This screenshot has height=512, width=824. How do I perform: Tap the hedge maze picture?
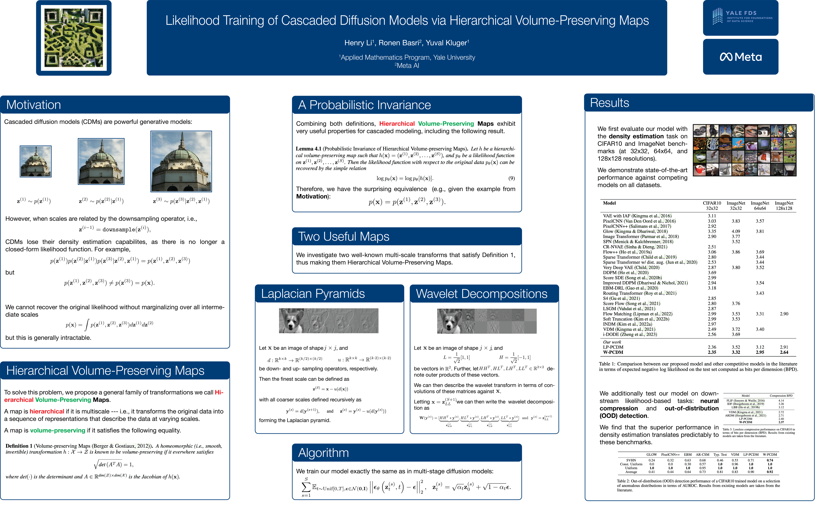74,38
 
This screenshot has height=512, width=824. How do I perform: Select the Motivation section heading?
34,105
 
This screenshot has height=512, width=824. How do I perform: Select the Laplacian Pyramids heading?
313,294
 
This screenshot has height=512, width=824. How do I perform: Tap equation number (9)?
511,178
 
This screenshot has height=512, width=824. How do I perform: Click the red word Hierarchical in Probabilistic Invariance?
397,124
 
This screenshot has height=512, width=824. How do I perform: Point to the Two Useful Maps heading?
343,236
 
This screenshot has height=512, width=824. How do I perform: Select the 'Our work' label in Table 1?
612,342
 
